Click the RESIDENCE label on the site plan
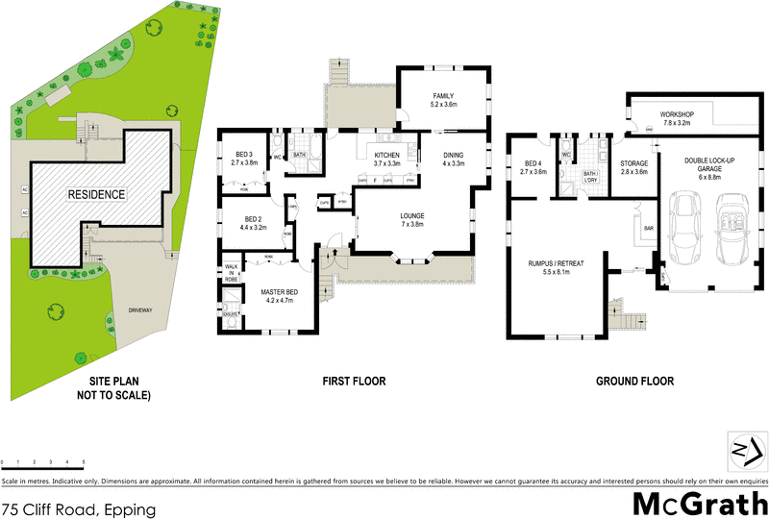click(96, 194)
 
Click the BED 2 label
click(254, 223)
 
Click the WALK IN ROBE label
click(231, 273)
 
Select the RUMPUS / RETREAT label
click(556, 266)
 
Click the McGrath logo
click(699, 503)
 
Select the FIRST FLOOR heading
click(354, 382)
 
